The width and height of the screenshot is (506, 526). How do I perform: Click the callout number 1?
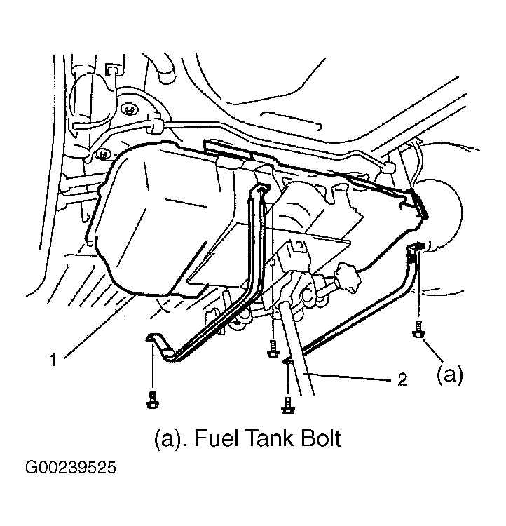(53, 360)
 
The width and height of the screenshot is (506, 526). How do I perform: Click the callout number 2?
(402, 379)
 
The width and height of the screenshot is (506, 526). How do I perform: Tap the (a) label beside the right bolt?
(450, 375)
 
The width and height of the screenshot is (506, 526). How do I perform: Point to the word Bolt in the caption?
(321, 438)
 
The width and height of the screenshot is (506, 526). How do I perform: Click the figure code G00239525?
(71, 468)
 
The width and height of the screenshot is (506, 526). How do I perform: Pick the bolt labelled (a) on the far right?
(418, 330)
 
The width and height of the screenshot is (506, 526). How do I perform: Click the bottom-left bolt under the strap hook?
(153, 400)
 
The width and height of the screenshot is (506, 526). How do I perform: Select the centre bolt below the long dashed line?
(273, 349)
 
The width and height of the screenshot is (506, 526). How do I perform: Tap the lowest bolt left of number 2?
(288, 405)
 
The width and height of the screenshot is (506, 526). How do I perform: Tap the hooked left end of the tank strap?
(155, 340)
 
